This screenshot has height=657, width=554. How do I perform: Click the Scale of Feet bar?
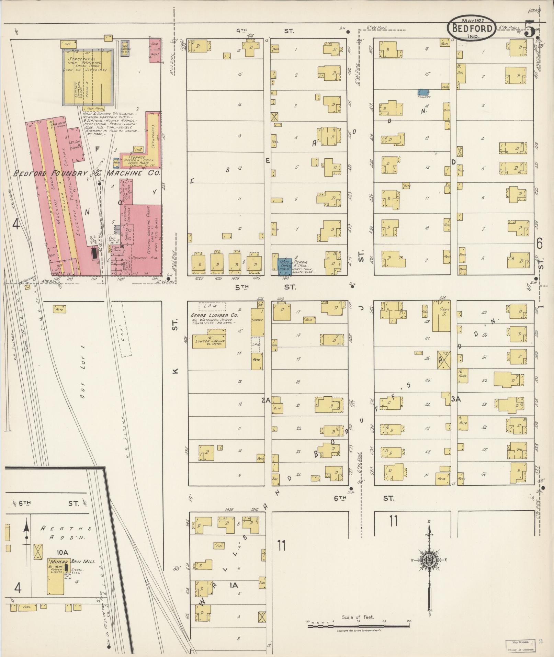tap(358, 626)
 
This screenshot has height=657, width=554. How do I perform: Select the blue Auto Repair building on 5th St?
tap(285, 267)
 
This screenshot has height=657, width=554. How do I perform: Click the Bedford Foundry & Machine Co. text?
tap(87, 173)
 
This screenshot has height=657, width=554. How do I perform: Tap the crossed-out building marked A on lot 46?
tap(443, 360)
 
